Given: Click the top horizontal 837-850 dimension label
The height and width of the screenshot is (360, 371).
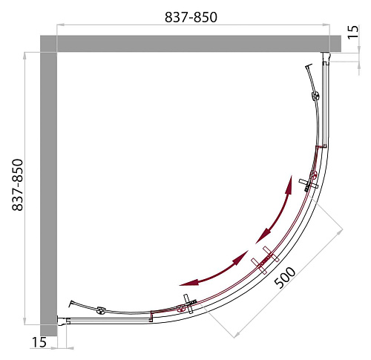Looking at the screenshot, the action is tap(191, 17).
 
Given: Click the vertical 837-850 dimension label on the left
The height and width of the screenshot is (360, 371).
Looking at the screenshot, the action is tap(18, 185).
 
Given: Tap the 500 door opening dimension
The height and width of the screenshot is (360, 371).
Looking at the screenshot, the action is tap(285, 278).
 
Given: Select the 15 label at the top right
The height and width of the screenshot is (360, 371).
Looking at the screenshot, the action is tap(353, 32).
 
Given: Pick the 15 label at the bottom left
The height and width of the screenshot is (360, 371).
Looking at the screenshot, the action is tap(39, 342).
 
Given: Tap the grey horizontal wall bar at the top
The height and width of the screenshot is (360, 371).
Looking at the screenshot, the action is tap(191, 44).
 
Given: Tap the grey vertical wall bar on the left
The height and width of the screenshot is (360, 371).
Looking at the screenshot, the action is tap(49, 186).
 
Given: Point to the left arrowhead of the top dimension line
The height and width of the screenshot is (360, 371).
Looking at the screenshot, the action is tap(61, 24).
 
